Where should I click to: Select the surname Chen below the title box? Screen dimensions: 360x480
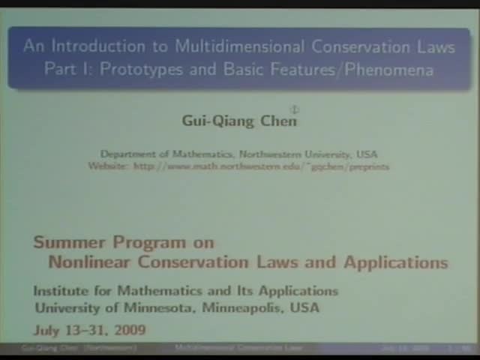pos(278,121)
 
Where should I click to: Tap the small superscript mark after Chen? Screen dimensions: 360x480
pos(295,110)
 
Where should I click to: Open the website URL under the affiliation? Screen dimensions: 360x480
pos(261,166)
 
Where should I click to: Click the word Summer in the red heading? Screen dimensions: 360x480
pos(69,242)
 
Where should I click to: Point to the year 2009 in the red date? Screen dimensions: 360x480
pos(128,330)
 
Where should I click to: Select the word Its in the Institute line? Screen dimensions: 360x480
pos(244,291)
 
